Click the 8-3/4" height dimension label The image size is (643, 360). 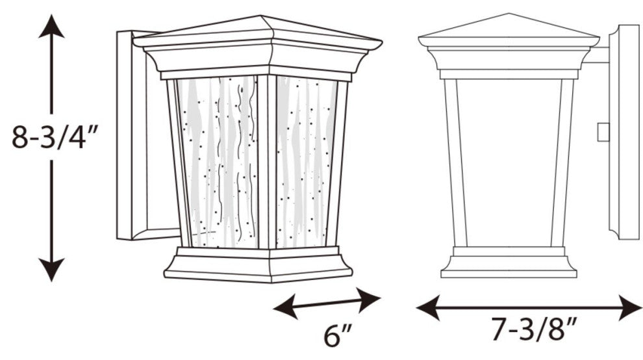tap(55, 137)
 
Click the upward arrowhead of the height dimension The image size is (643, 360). tap(51, 26)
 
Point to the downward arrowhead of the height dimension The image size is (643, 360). tap(51, 270)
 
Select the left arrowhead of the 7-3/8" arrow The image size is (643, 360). tap(428, 307)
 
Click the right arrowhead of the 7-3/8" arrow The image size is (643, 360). tap(630, 307)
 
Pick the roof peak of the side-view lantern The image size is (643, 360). tap(509, 14)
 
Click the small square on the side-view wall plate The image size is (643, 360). tap(603, 132)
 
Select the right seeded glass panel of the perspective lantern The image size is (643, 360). tap(305, 162)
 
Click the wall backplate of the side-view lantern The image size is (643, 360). tap(624, 132)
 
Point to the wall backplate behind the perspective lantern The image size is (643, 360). tap(140, 135)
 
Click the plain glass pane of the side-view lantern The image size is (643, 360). tap(509, 163)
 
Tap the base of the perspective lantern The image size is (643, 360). tap(258, 264)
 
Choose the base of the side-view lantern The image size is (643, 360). tap(509, 263)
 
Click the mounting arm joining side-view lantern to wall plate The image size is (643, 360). tap(597, 55)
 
